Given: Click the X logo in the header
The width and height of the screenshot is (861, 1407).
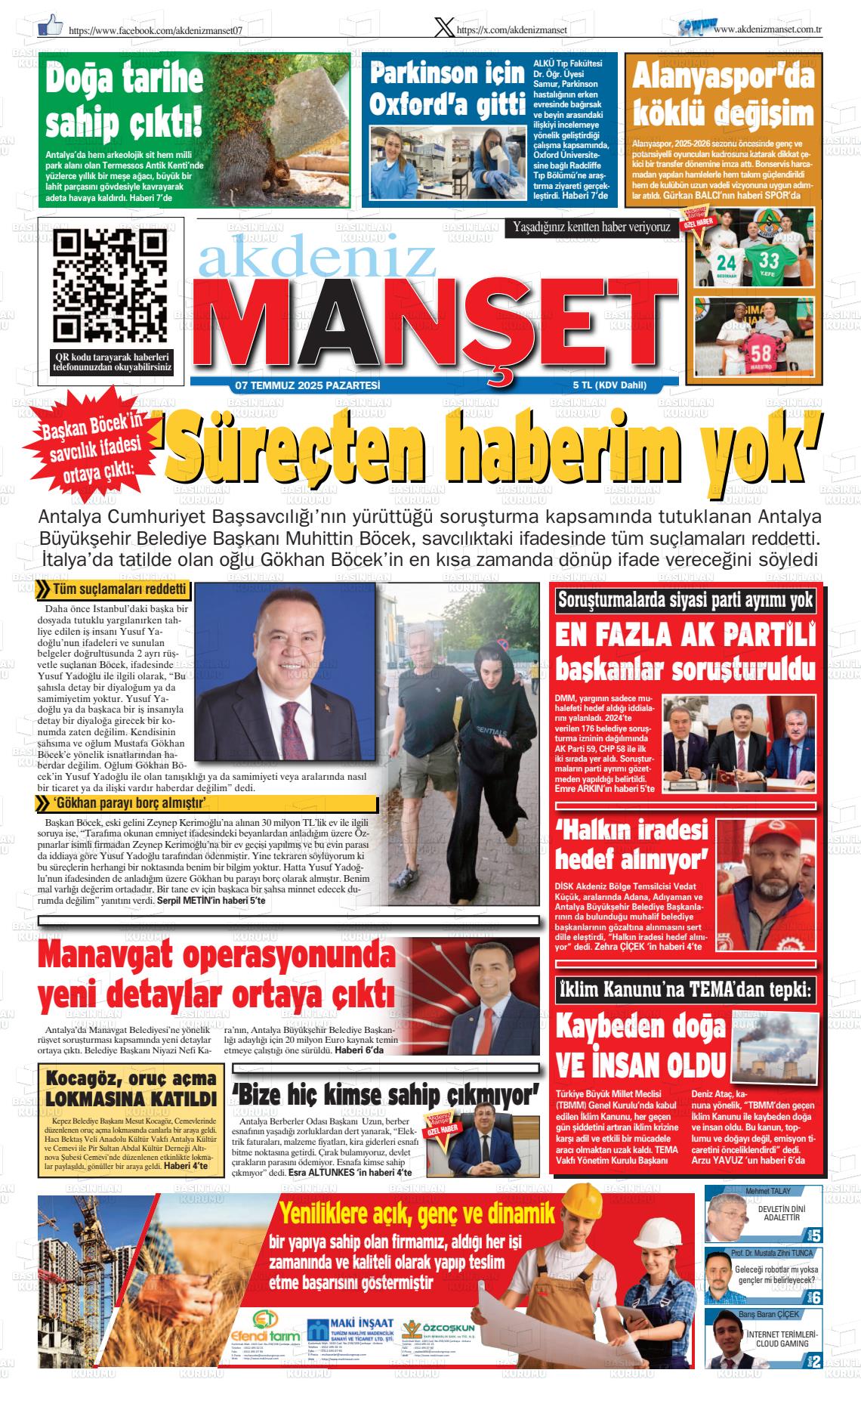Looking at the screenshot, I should [x=445, y=27].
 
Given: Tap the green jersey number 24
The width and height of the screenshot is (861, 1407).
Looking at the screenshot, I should [x=726, y=263].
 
